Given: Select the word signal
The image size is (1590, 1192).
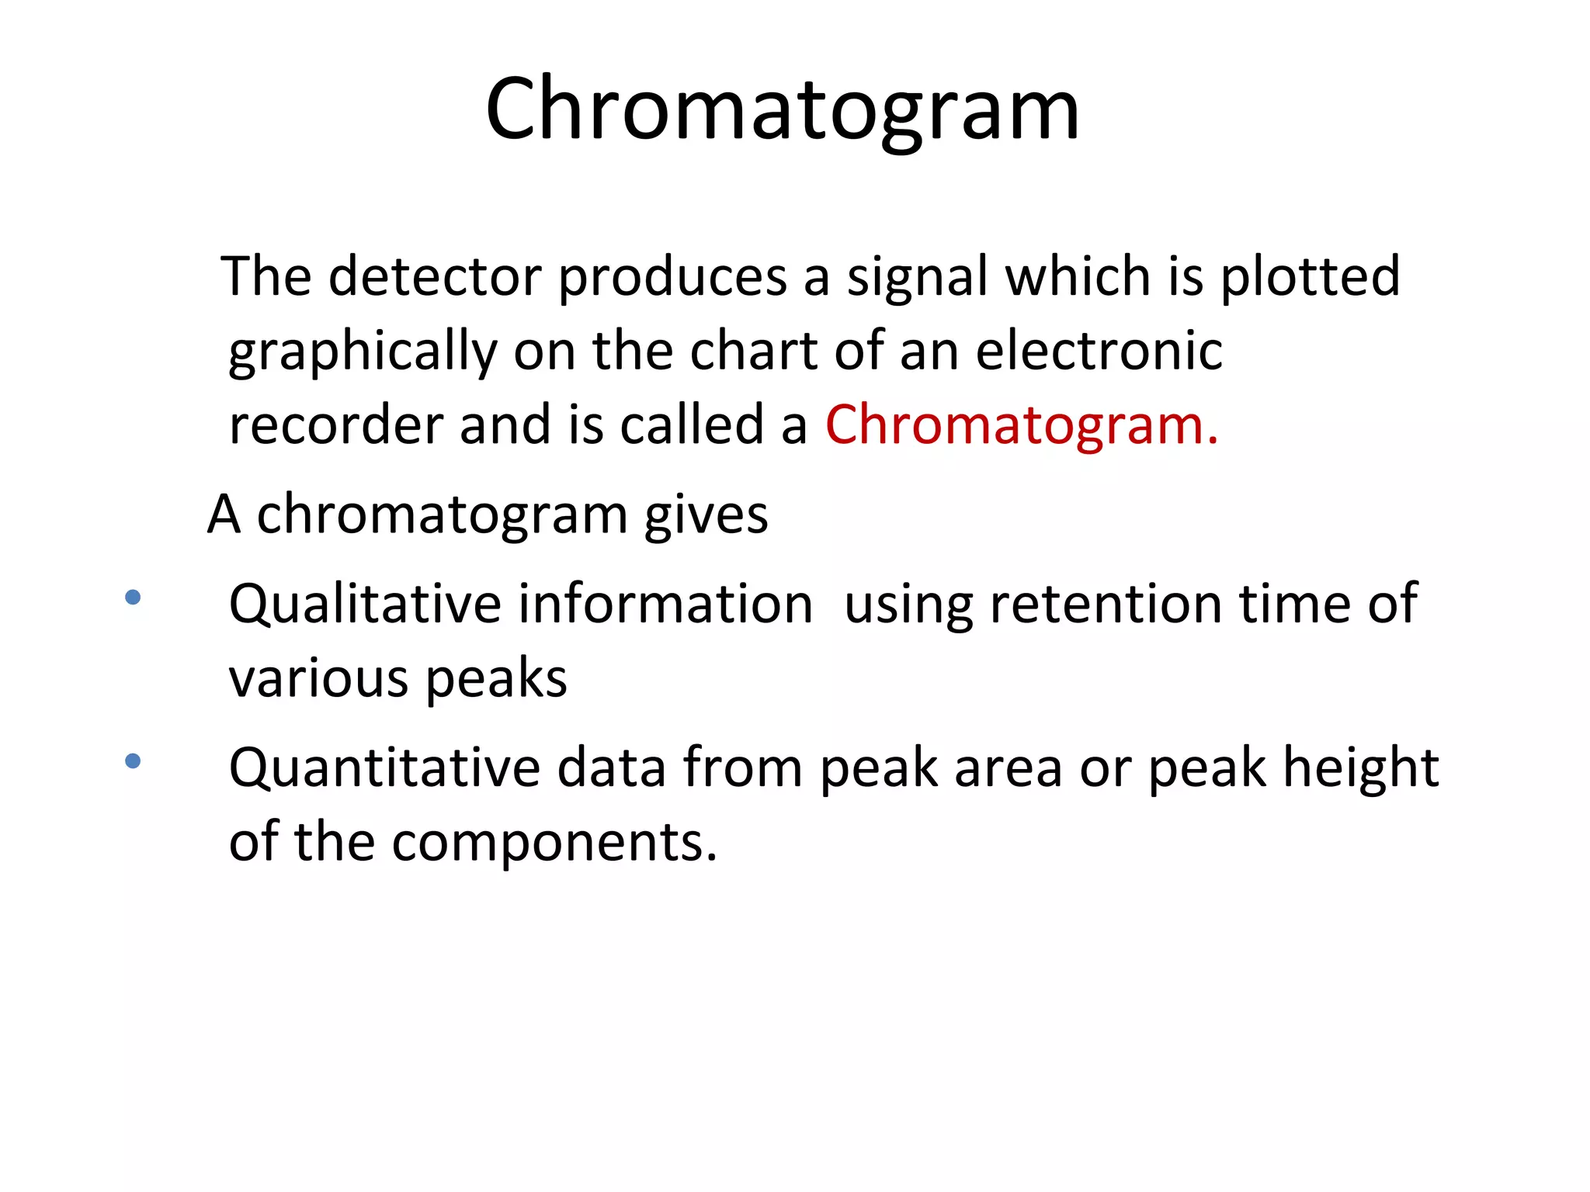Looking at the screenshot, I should click(x=916, y=278).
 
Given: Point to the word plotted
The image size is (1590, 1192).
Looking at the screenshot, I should click(x=1310, y=278).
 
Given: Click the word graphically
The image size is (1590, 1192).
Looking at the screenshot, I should click(x=363, y=352).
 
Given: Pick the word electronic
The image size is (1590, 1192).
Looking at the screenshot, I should click(x=1099, y=351).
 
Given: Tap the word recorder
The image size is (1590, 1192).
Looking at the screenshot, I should click(x=335, y=426).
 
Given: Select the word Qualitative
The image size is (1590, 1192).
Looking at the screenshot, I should click(x=365, y=605).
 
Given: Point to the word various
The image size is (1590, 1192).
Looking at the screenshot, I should click(x=318, y=679).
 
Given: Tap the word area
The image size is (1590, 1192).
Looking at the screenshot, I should click(x=1008, y=768).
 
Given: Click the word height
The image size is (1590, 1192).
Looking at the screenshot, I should click(x=1360, y=768).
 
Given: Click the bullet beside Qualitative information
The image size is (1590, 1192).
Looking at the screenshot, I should click(x=133, y=598).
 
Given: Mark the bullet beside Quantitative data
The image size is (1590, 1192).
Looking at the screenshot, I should click(x=133, y=761).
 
